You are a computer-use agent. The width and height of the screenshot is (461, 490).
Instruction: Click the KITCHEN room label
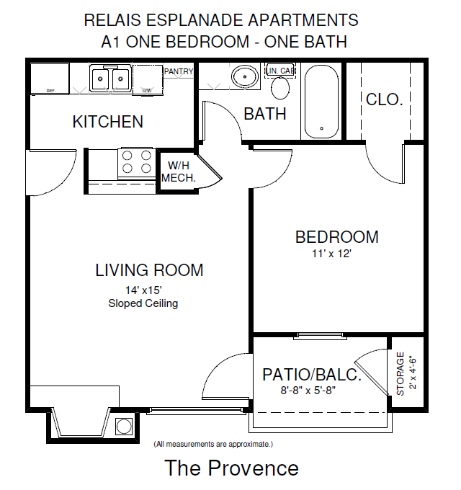107,122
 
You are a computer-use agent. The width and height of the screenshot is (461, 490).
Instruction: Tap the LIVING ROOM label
149,270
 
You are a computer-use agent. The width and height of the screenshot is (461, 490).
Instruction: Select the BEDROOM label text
336,236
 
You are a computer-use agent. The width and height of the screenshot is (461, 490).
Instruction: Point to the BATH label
264,114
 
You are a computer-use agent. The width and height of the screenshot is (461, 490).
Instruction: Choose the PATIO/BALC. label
310,375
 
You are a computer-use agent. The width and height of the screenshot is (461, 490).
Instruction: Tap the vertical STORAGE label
400,373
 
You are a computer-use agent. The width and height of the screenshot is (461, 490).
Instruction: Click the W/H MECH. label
178,172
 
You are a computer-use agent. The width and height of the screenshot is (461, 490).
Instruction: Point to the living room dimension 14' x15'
143,290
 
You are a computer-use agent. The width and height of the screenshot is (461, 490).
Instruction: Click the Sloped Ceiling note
143,303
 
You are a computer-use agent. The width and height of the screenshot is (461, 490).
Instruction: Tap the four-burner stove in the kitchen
136,162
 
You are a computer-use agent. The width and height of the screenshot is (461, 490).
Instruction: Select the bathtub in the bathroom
321,102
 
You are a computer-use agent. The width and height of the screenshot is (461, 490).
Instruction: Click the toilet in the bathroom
280,86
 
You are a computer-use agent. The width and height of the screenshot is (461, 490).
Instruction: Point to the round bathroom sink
246,76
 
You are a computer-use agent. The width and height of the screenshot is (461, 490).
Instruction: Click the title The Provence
231,468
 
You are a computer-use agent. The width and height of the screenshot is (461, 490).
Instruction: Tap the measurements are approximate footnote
213,444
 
